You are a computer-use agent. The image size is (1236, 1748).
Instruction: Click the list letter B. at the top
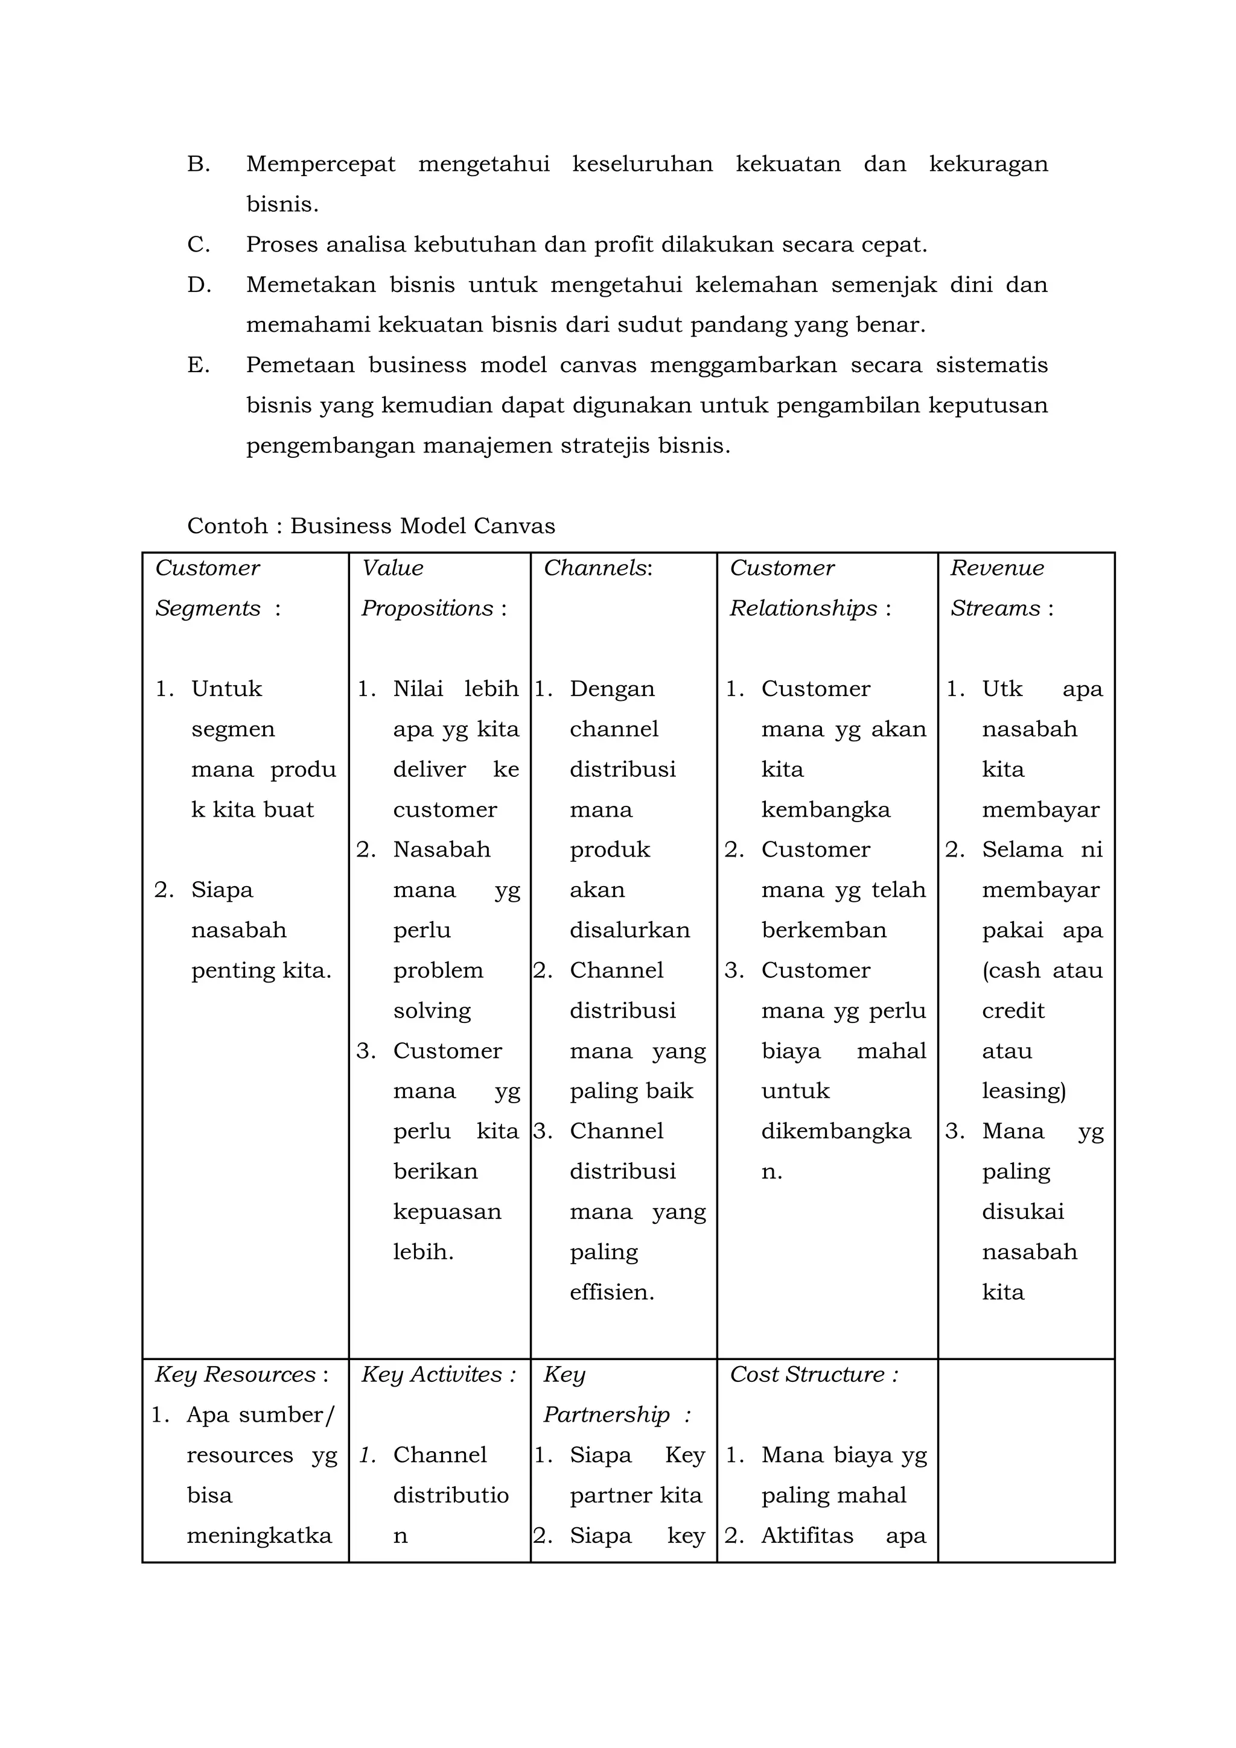click(x=198, y=163)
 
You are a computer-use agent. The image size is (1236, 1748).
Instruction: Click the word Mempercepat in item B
click(x=320, y=163)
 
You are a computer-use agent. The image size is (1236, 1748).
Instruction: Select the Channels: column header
click(x=598, y=568)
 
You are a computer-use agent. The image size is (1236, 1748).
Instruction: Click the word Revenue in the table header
click(x=996, y=568)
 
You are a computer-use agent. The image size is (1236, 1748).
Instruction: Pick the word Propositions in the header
click(x=427, y=608)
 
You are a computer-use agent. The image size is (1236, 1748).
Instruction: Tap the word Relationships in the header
click(x=803, y=608)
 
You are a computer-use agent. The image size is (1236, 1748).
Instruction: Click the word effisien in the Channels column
click(x=611, y=1292)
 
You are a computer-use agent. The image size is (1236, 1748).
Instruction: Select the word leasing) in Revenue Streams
click(x=1024, y=1091)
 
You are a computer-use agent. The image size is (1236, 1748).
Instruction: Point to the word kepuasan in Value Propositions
click(x=447, y=1211)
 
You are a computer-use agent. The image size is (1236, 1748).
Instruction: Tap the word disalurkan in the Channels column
click(x=630, y=930)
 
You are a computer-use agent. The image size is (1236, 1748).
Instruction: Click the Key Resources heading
click(x=241, y=1374)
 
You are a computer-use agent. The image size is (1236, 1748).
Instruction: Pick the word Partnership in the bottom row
click(x=606, y=1414)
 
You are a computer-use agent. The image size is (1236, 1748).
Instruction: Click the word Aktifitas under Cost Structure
click(x=808, y=1536)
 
